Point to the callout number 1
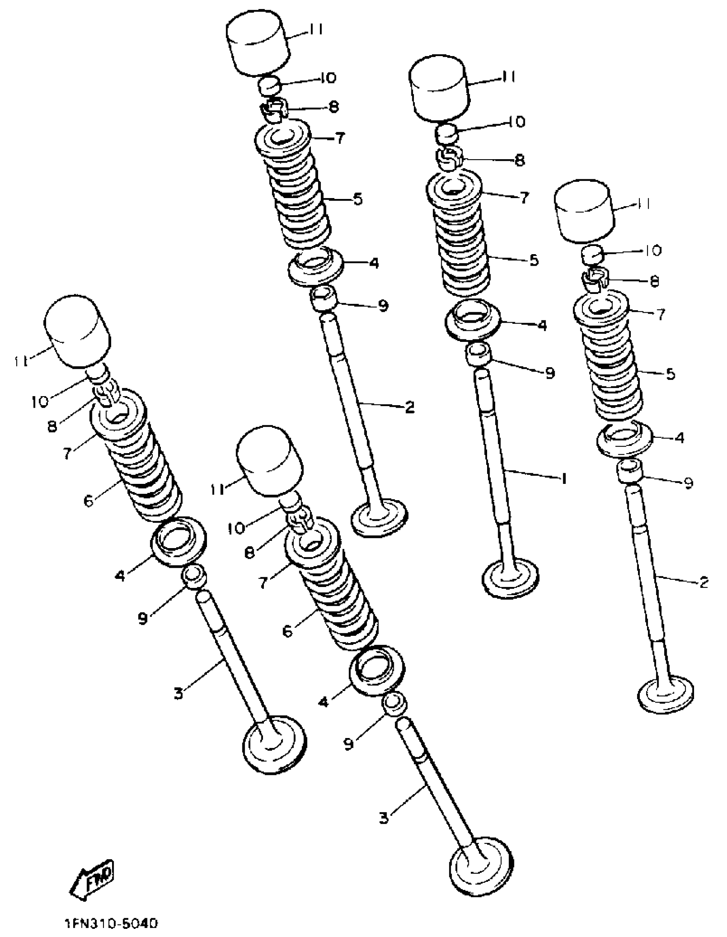tap(564, 478)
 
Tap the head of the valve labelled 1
tap(511, 577)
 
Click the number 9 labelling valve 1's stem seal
tap(550, 373)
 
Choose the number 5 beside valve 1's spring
tap(534, 260)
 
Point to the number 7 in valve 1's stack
tap(524, 198)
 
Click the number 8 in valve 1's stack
tap(520, 160)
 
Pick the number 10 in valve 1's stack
tap(517, 122)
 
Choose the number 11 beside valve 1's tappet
tap(508, 77)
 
